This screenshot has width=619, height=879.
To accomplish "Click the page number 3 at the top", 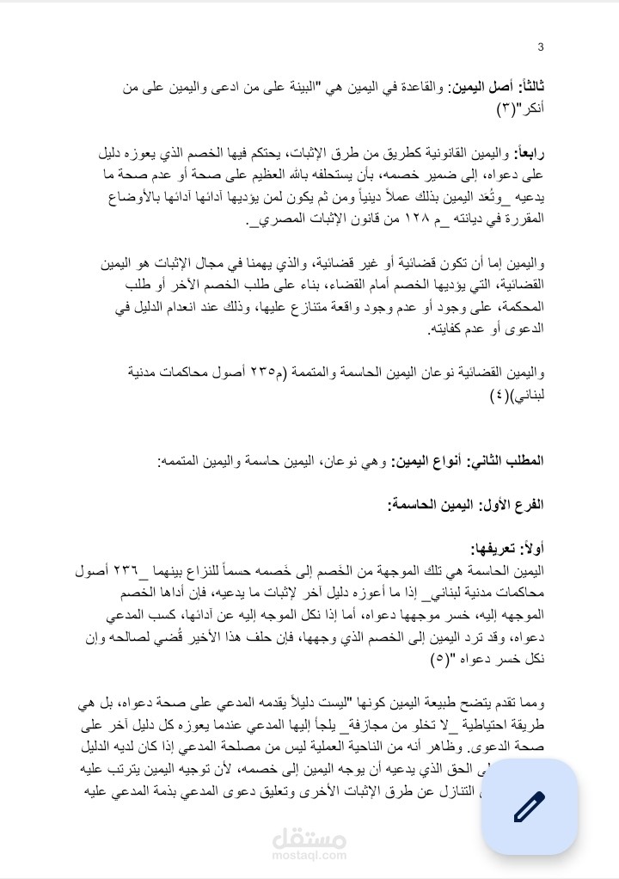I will pos(540,46).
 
